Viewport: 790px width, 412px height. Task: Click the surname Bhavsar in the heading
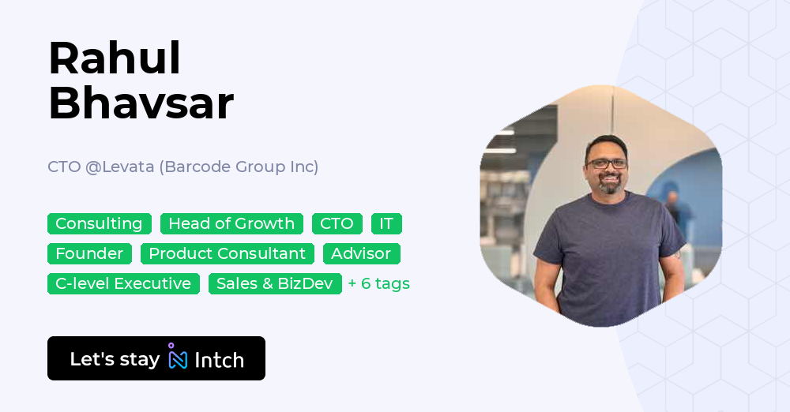pyautogui.click(x=141, y=103)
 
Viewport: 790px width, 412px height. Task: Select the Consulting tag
pyautogui.click(x=99, y=224)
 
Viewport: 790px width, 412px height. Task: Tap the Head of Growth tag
pyautogui.click(x=231, y=224)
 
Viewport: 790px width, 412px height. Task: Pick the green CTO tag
pyautogui.click(x=337, y=224)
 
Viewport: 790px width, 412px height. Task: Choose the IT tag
pyautogui.click(x=386, y=224)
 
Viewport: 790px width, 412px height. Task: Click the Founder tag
pyautogui.click(x=89, y=254)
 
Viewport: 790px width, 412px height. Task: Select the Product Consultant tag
pyautogui.click(x=228, y=254)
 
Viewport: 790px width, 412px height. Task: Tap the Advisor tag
pyautogui.click(x=361, y=254)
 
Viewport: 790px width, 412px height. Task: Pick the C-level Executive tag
pyautogui.click(x=123, y=284)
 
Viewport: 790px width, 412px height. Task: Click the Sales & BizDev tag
pyautogui.click(x=275, y=284)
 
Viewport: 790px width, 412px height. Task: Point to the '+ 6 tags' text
pyautogui.click(x=379, y=284)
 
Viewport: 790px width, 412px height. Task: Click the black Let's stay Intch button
pyautogui.click(x=156, y=358)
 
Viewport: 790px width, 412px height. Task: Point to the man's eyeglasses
pyautogui.click(x=607, y=163)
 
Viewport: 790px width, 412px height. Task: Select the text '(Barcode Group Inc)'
pyautogui.click(x=241, y=167)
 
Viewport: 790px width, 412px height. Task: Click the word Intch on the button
pyautogui.click(x=219, y=360)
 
